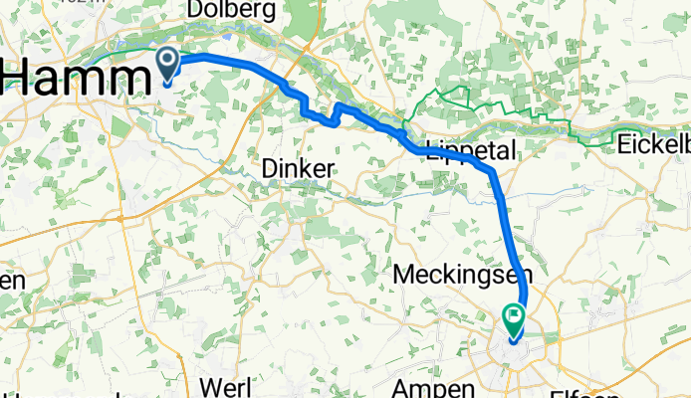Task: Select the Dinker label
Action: [x=297, y=170]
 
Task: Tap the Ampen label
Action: [x=429, y=388]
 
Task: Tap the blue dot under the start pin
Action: [x=167, y=83]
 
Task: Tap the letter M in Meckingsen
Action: [x=404, y=274]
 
